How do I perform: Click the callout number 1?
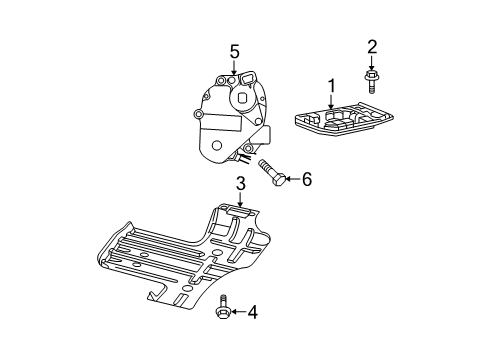click(x=329, y=86)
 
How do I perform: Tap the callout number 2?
click(x=371, y=45)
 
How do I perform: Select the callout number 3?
click(x=240, y=183)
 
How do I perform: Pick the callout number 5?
click(x=235, y=51)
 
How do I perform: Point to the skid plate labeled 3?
click(x=180, y=260)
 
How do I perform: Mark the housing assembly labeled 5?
click(x=230, y=115)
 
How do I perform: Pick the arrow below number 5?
click(x=235, y=67)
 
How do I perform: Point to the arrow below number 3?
click(x=240, y=200)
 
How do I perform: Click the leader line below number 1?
click(x=329, y=101)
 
